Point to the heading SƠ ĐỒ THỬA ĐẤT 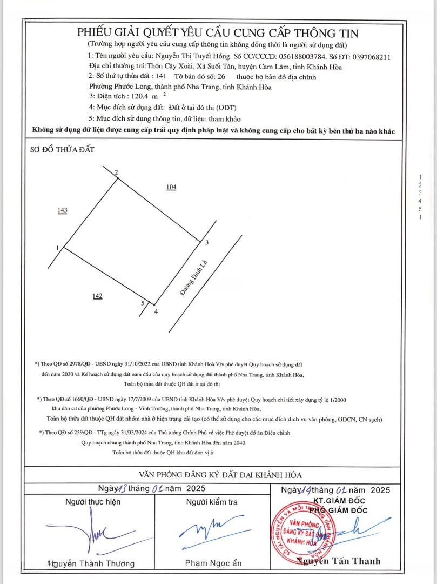pos(62,150)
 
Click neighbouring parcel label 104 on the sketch pos(171,187)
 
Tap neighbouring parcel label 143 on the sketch pos(63,210)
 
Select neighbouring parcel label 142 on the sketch pos(97,296)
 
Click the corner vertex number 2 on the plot pos(116,172)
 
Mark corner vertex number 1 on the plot pos(57,248)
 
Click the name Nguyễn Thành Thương pos(91,563)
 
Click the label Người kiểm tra pos(212,502)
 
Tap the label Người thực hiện pos(92,502)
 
